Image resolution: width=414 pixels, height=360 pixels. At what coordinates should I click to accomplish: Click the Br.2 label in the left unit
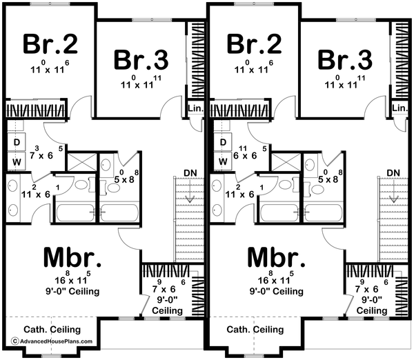pyautogui.click(x=50, y=44)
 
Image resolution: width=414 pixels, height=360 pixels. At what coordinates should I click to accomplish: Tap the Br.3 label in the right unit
pyautogui.click(x=345, y=59)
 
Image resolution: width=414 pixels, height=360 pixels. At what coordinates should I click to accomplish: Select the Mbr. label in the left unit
pyautogui.click(x=72, y=257)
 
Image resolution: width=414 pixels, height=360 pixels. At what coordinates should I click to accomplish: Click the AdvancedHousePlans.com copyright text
pyautogui.click(x=52, y=341)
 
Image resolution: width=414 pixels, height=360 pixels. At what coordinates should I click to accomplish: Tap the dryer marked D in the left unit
pyautogui.click(x=17, y=142)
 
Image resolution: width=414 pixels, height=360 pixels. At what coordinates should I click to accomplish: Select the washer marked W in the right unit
pyautogui.click(x=223, y=161)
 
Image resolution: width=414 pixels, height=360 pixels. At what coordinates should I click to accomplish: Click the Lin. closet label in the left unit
pyautogui.click(x=196, y=108)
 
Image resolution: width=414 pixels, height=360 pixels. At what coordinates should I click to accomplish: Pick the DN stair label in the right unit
pyautogui.click(x=393, y=173)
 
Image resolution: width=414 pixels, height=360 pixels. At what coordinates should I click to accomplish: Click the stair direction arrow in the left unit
pyautogui.click(x=189, y=190)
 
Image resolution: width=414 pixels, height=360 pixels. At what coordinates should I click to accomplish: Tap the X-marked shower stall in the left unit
pyautogui.click(x=82, y=161)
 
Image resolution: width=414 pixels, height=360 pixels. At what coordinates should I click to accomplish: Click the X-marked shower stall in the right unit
pyautogui.click(x=286, y=161)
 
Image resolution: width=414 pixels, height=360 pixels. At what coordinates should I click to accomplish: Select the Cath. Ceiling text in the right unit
pyautogui.click(x=255, y=330)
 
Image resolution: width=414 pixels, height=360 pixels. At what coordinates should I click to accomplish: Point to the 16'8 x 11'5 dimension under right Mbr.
pyautogui.click(x=276, y=277)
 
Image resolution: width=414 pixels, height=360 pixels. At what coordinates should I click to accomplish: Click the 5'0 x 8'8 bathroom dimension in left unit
pyautogui.click(x=126, y=177)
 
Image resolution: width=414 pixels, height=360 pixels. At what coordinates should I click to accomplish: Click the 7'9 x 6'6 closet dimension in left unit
pyautogui.click(x=169, y=286)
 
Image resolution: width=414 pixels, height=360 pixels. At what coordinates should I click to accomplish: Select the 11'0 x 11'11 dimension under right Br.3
pyautogui.click(x=345, y=82)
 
